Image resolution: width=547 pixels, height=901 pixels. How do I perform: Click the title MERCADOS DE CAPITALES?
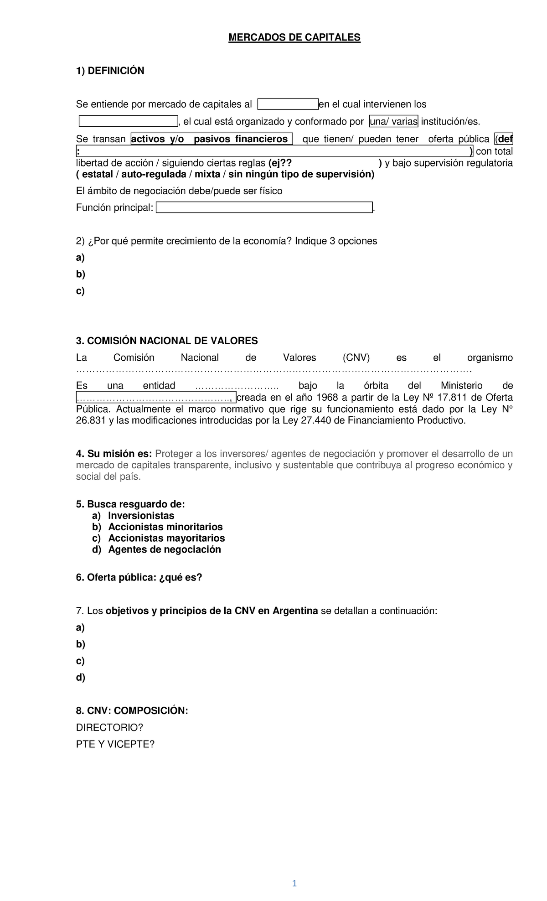(x=294, y=37)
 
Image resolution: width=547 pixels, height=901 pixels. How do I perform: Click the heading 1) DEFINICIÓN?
(x=110, y=71)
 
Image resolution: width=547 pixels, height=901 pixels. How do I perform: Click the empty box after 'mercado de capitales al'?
(x=288, y=104)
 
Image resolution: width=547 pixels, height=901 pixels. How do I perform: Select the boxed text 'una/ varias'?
(x=393, y=121)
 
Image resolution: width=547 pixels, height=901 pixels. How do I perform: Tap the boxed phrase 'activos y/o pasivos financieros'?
(x=212, y=139)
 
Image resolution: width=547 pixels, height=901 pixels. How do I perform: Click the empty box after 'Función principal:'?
(x=264, y=207)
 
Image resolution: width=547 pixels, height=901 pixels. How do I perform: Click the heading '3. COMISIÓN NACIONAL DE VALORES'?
(x=167, y=341)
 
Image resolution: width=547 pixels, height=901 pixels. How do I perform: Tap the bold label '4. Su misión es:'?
(x=114, y=454)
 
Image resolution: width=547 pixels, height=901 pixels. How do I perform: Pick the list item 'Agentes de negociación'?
(x=164, y=549)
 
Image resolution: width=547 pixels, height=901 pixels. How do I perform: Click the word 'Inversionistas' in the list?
(x=141, y=516)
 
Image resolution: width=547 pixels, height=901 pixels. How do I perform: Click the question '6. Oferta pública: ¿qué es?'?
(x=139, y=578)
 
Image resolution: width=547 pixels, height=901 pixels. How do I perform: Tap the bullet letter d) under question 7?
(x=81, y=678)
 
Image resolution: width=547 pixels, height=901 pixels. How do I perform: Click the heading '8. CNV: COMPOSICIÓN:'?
(x=132, y=711)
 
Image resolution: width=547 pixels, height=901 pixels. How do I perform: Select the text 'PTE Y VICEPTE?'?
(x=115, y=744)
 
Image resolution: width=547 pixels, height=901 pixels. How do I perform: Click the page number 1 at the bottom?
(x=294, y=883)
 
